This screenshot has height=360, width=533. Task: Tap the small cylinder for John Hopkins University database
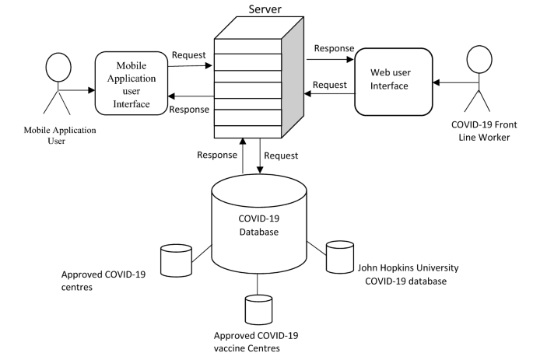339,256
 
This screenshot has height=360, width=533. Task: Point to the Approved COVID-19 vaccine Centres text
255,341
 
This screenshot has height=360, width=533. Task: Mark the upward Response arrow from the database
244,155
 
